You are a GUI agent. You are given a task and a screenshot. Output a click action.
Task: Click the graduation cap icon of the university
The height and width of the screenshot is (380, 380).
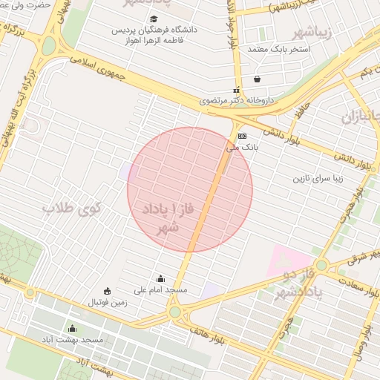(154, 19)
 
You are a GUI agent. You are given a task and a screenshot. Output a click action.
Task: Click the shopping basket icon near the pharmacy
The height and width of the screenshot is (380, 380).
(257, 79)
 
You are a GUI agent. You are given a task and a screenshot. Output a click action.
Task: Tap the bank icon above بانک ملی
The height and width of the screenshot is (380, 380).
(242, 137)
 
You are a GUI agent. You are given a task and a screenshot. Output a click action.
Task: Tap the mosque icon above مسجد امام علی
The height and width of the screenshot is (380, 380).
(160, 279)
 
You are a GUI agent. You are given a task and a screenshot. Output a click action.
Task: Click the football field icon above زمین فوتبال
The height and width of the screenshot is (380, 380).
(108, 290)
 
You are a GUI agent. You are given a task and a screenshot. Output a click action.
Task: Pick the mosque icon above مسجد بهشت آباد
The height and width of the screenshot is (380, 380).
(72, 328)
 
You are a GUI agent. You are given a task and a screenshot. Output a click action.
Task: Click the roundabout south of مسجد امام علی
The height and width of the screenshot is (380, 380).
(175, 312)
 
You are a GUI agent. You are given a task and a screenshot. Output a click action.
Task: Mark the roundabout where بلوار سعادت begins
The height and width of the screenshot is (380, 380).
(321, 265)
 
